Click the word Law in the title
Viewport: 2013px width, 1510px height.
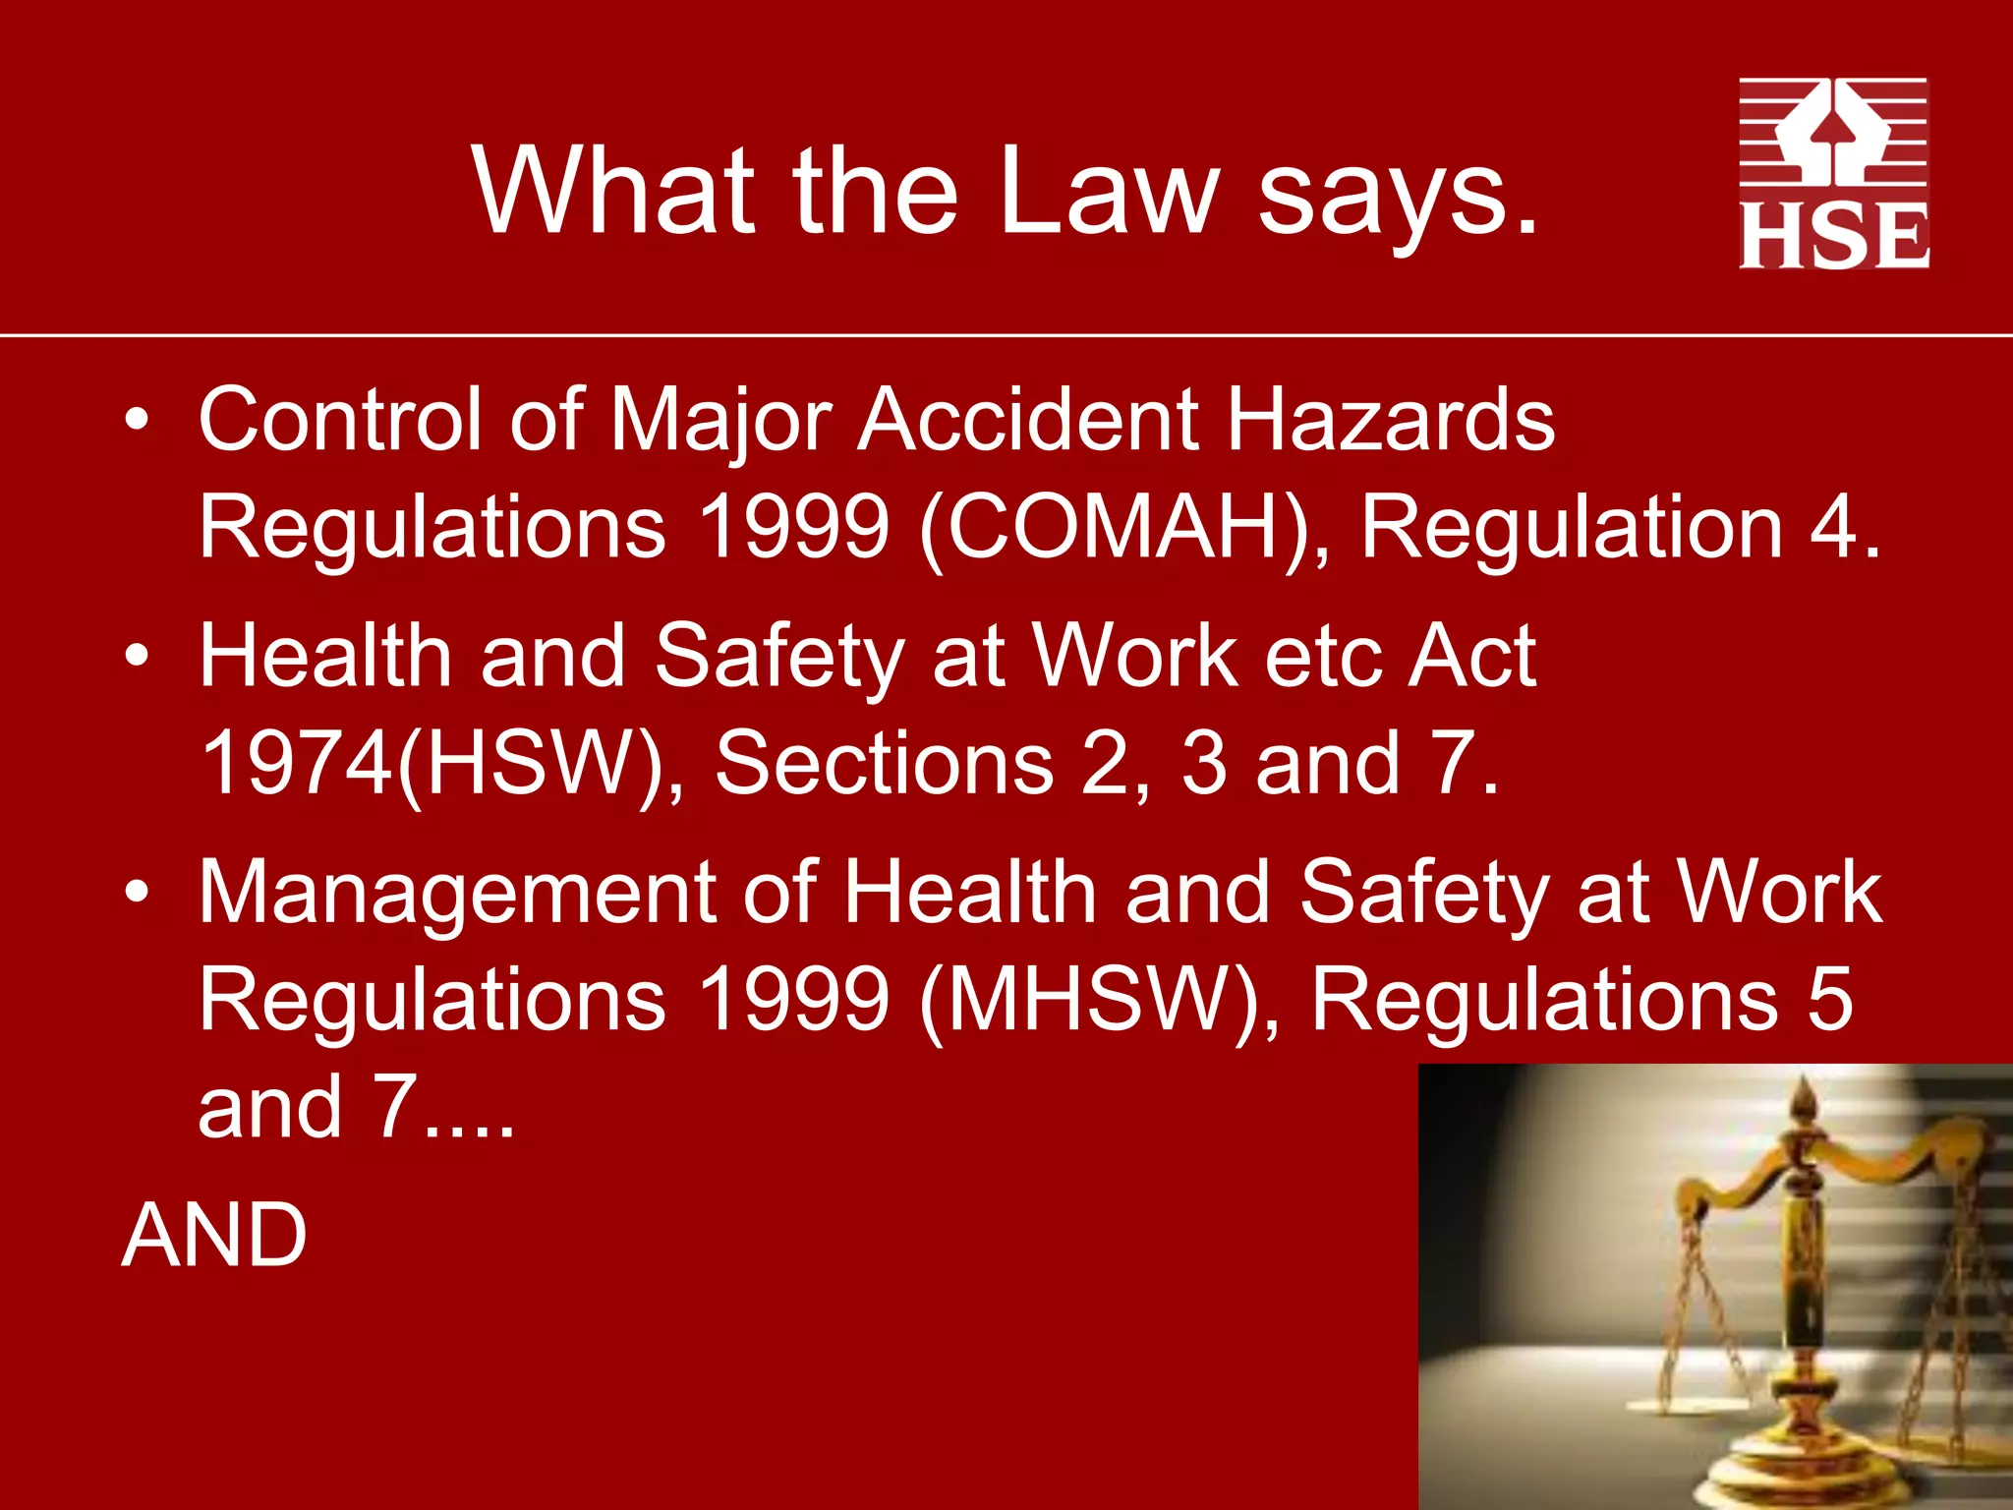(1110, 191)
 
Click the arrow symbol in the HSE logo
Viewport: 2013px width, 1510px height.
(1832, 133)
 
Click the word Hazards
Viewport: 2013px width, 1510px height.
(1391, 421)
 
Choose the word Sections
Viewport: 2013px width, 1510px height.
(884, 764)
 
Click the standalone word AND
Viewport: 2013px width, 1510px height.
(214, 1236)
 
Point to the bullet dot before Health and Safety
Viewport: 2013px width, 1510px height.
(138, 656)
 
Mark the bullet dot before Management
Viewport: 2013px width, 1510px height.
(138, 892)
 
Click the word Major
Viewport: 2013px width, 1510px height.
(720, 421)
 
